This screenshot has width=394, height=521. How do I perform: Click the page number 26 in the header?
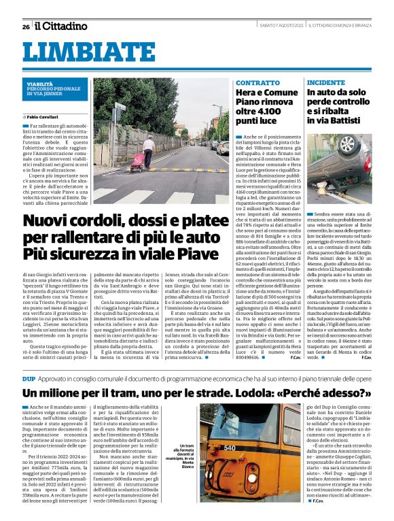coord(26,27)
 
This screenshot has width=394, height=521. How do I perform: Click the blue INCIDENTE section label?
coord(325,82)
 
